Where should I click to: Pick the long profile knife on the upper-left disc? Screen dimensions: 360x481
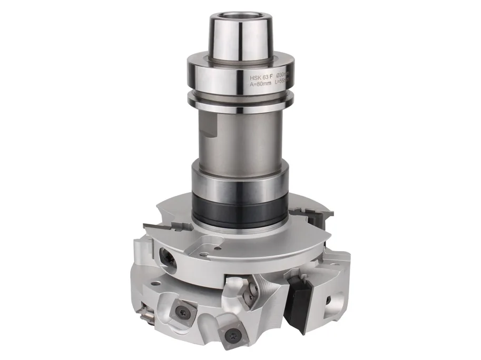[168, 226]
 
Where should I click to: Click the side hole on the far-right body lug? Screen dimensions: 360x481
[328, 301]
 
